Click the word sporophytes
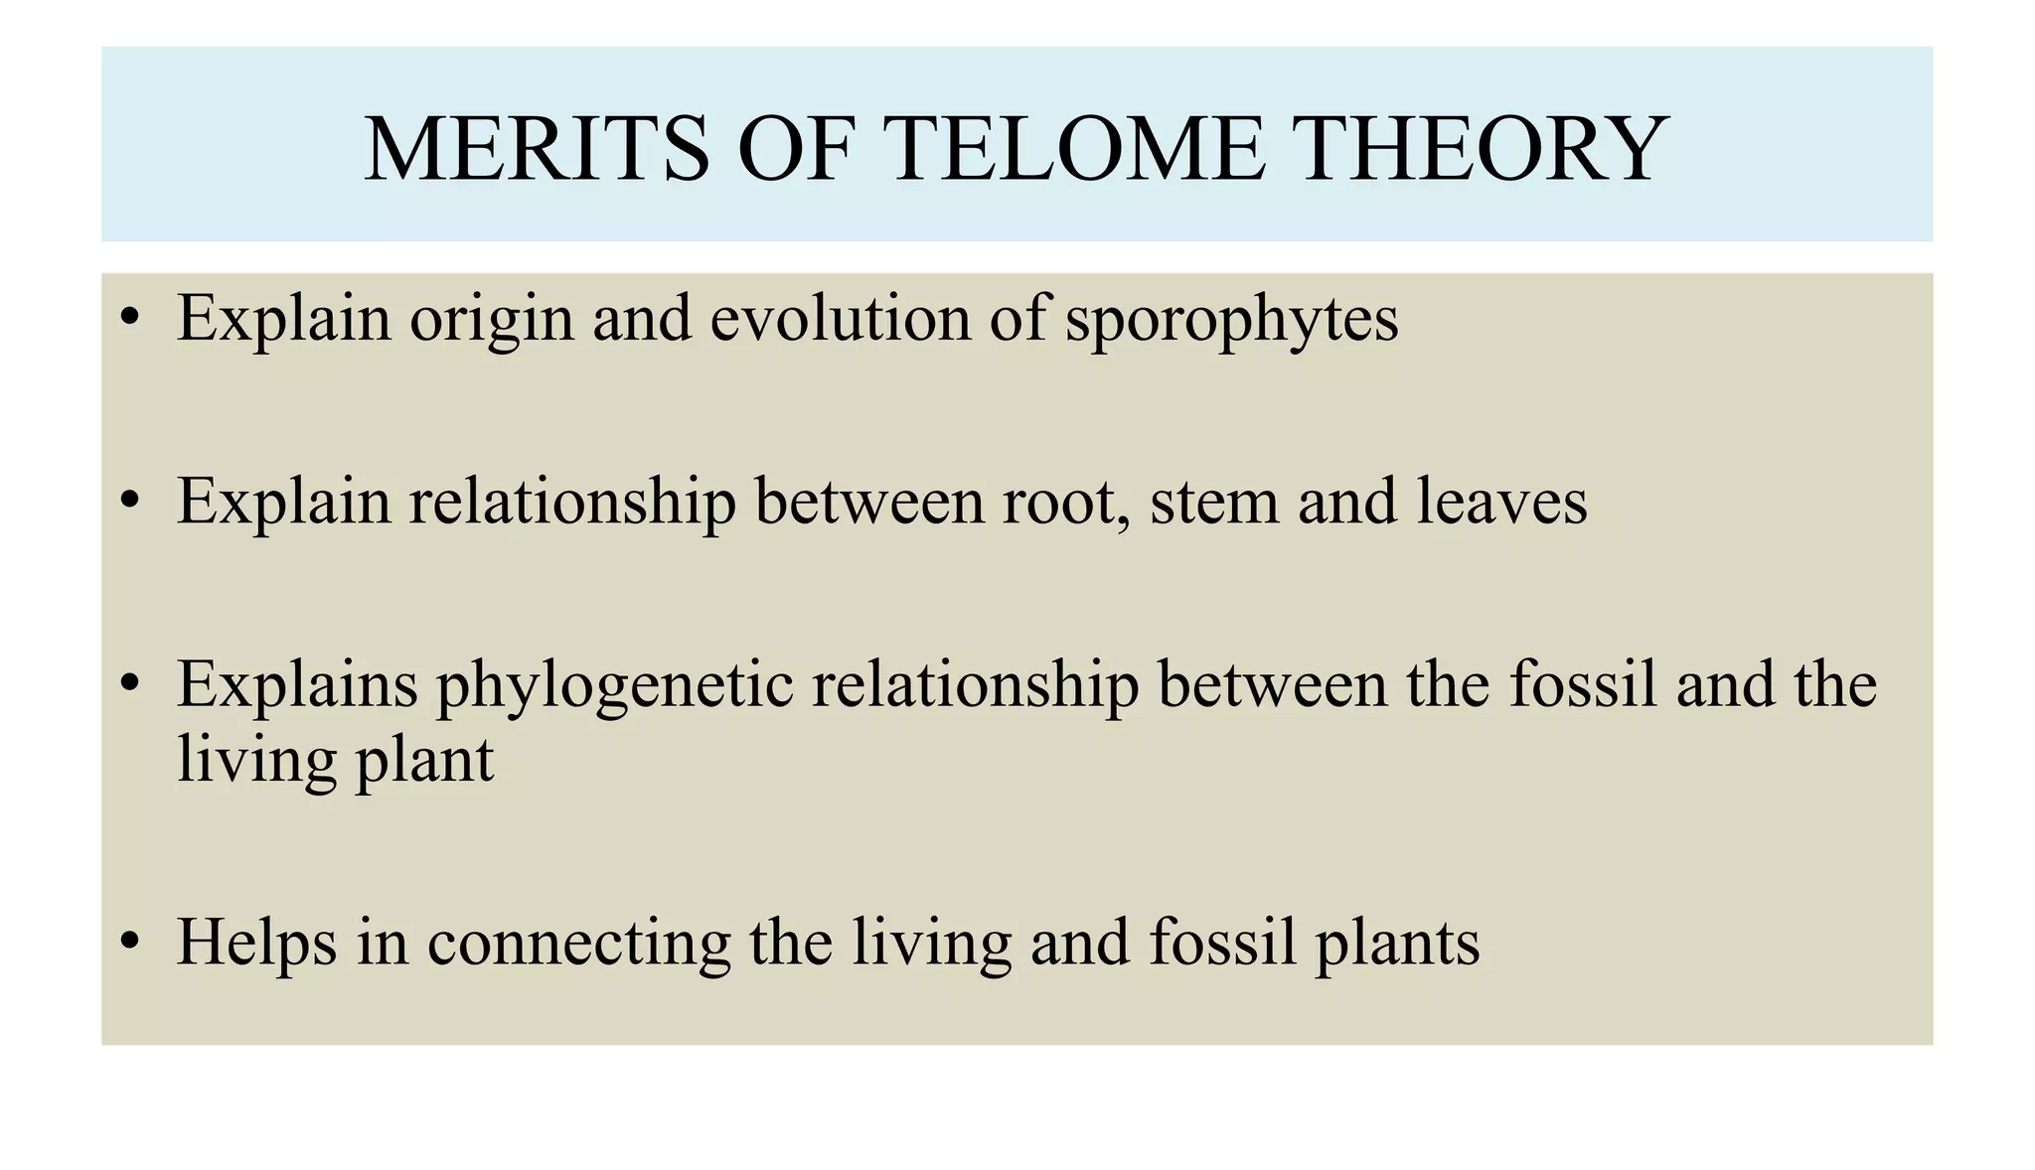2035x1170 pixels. (x=1231, y=320)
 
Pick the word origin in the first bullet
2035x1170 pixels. (x=492, y=320)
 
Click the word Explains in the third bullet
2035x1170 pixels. (x=297, y=686)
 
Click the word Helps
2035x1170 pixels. (x=257, y=943)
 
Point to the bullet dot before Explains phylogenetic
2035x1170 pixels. (x=128, y=684)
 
